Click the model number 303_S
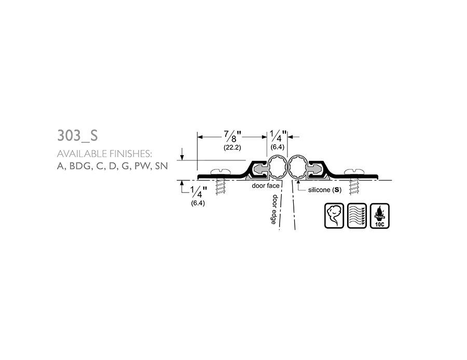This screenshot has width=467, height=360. (x=77, y=135)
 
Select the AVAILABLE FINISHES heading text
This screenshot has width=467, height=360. (x=104, y=154)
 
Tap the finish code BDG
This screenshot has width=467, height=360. (x=79, y=166)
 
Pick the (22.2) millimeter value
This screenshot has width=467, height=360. (x=232, y=147)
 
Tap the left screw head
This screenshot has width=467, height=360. (x=220, y=172)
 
